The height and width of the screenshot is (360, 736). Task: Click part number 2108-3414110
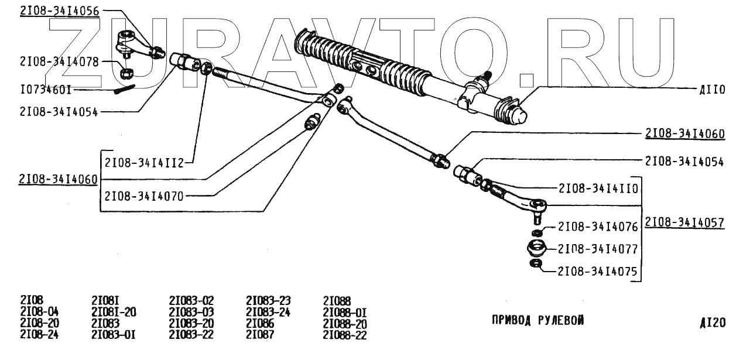[x=597, y=188]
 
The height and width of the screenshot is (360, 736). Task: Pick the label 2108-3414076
[x=597, y=227]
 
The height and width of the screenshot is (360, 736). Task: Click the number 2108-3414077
[x=597, y=249]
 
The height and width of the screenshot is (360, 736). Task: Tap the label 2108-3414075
[x=597, y=272]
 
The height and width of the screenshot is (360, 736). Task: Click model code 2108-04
[x=39, y=311]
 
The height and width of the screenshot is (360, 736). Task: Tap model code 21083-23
[x=268, y=300]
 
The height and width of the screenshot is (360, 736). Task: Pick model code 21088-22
[x=345, y=335]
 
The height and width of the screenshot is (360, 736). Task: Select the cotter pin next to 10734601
[x=126, y=88]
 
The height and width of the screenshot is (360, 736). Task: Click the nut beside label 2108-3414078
[x=125, y=74]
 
